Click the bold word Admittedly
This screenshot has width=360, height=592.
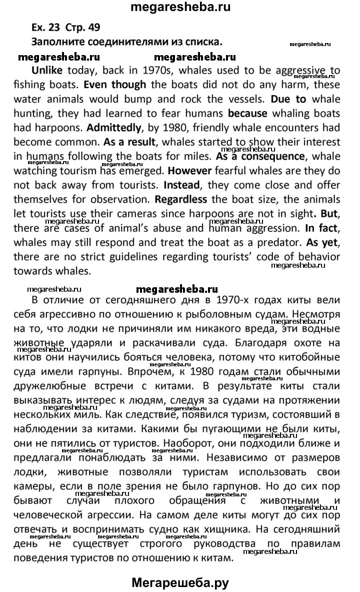(59, 128)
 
